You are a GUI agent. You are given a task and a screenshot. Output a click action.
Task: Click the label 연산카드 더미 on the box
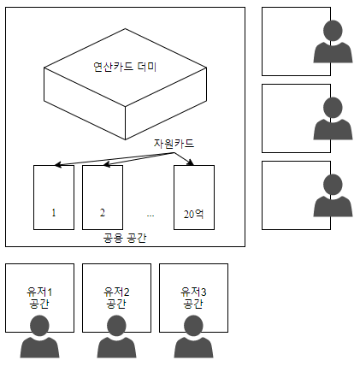(125, 67)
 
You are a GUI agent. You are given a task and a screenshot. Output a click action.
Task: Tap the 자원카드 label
(174, 143)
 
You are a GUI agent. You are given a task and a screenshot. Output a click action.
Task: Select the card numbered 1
(54, 198)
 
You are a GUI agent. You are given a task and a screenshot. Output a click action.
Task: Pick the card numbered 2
(103, 198)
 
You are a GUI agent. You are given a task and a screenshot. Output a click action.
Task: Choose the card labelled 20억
(194, 198)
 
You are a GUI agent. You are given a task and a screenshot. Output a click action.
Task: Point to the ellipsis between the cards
(150, 215)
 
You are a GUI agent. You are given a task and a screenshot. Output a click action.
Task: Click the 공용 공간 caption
(125, 238)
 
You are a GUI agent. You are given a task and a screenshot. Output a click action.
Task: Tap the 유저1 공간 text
(39, 298)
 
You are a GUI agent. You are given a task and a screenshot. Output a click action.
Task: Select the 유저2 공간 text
(116, 298)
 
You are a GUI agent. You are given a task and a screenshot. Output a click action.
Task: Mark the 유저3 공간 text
(193, 298)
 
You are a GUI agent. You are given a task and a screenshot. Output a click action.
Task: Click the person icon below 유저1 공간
(39, 337)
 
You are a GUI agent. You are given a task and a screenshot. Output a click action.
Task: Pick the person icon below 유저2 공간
(116, 337)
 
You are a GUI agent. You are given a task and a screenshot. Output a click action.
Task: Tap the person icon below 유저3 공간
(193, 337)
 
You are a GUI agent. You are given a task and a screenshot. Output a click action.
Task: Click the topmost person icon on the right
(333, 42)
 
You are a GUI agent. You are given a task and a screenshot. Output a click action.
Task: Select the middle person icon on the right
(333, 119)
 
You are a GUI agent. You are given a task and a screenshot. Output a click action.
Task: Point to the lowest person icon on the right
(333, 196)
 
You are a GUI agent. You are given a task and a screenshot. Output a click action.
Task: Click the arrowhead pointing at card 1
(58, 164)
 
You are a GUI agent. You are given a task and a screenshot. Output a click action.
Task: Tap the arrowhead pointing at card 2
(107, 164)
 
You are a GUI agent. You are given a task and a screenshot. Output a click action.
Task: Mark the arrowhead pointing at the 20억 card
(191, 162)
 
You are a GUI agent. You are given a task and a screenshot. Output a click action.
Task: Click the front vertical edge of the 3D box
(126, 123)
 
